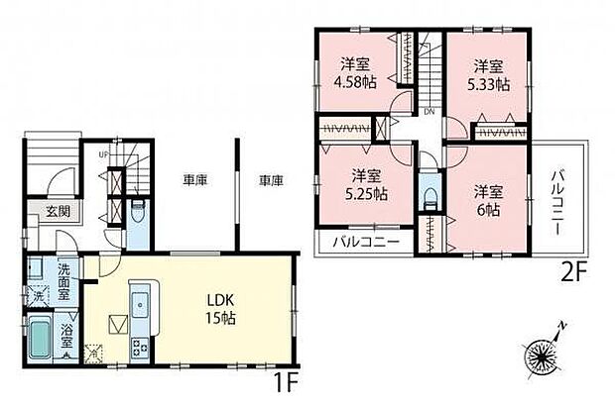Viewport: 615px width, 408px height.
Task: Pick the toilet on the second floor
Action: (x=428, y=195)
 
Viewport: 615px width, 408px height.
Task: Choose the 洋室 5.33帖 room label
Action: (x=487, y=75)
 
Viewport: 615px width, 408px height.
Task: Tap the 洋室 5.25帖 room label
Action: (x=367, y=184)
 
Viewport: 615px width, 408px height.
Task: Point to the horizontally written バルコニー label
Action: (x=366, y=241)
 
